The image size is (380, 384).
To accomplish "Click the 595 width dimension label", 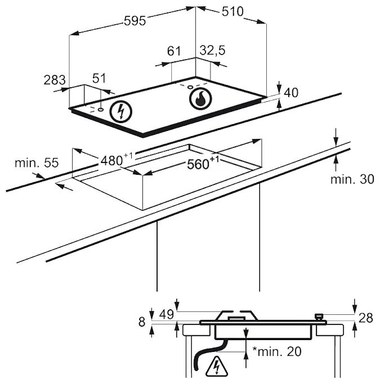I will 135,20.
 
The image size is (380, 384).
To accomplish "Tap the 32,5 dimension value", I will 212,51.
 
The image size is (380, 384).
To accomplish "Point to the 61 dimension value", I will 175,52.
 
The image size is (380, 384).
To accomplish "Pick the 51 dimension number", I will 99,79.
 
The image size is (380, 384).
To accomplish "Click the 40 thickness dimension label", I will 291,93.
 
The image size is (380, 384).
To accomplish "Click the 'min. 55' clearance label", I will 37,163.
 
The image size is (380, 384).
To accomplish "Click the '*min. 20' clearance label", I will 276,352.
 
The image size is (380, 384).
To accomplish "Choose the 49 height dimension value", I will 166,314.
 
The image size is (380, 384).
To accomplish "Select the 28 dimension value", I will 365,318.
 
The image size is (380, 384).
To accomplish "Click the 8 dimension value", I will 141,322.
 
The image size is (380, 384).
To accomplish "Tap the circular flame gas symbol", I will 200,99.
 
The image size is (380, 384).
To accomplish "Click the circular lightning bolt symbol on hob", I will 119,111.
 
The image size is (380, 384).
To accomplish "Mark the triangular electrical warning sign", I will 216,367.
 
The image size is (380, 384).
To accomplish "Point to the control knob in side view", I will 320,318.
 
